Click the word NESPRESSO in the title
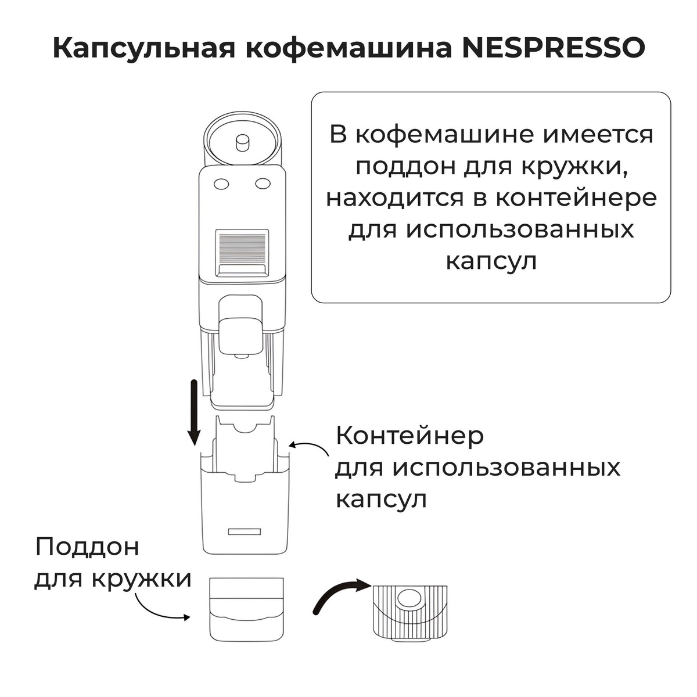pos(553,49)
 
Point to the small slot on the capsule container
pos(245,531)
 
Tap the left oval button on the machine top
pos(221,184)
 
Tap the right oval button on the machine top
pos(263,184)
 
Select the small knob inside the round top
pos(241,141)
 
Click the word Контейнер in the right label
pos(409,436)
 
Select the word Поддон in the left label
pos(88,547)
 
